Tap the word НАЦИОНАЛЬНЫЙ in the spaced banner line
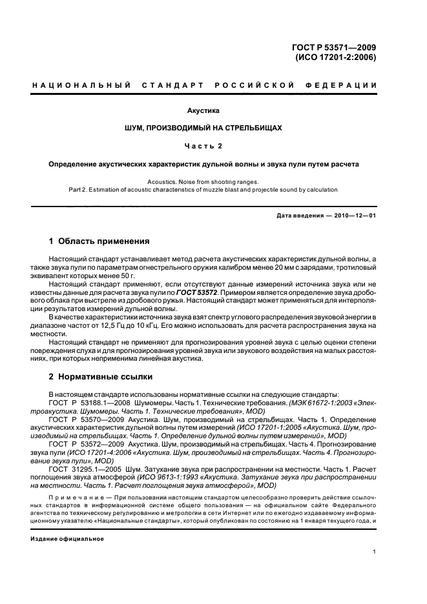tap(82, 86)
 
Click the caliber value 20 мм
tap(256, 266)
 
